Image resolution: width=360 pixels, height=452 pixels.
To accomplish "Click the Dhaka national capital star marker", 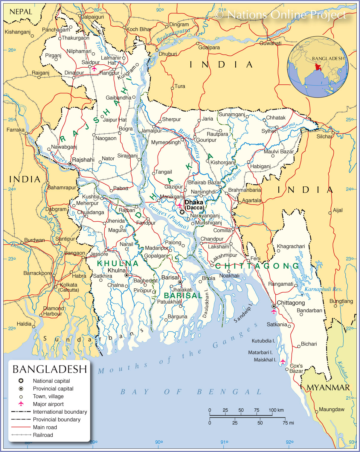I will (x=182, y=212).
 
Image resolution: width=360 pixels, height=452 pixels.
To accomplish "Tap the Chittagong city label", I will (x=291, y=303).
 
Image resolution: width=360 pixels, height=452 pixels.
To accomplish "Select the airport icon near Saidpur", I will (x=94, y=69).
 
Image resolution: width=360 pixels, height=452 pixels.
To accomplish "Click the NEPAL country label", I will (x=21, y=12).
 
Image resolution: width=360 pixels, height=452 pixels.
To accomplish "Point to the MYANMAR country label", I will (x=328, y=388).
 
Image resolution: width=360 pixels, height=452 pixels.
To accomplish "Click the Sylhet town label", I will (x=269, y=131).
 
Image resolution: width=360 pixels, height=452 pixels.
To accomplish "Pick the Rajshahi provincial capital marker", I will (x=70, y=164).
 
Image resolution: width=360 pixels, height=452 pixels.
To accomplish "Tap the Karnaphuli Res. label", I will (x=323, y=289).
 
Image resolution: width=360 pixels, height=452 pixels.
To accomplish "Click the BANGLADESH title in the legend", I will (x=50, y=369).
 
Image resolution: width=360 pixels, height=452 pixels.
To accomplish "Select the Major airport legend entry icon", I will (x=21, y=404).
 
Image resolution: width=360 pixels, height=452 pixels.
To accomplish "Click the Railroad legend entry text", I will (x=43, y=435).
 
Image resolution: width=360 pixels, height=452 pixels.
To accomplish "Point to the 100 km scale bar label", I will (x=276, y=410).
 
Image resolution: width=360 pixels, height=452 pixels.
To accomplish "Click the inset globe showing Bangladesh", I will (x=318, y=67).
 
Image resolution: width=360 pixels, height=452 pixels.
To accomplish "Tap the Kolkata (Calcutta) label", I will (x=69, y=287).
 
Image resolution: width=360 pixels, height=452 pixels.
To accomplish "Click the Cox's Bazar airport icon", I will (x=283, y=362).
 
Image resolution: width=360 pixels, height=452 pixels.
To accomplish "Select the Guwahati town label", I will (x=270, y=43).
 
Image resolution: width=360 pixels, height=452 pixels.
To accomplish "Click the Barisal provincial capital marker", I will (x=180, y=282).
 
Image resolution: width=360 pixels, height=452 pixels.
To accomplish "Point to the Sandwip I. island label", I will (x=243, y=313).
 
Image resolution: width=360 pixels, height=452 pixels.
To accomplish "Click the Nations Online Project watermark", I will (x=280, y=14).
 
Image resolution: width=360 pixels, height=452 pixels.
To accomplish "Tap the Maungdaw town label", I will (x=332, y=409).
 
